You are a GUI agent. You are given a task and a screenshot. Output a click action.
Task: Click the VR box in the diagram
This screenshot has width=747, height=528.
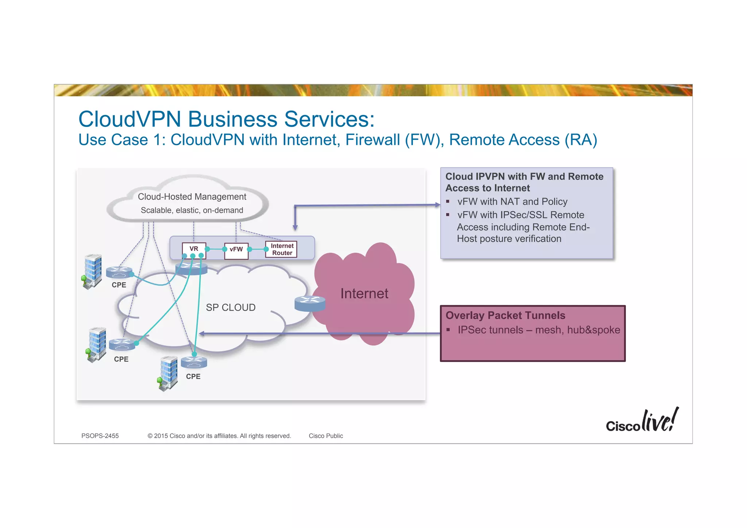tap(194, 249)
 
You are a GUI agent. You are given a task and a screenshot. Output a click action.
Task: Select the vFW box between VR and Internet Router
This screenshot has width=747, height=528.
tap(236, 250)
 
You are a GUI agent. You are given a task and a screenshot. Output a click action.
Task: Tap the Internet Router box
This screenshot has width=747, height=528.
tap(282, 250)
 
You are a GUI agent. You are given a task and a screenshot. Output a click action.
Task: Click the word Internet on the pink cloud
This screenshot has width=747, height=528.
tap(364, 294)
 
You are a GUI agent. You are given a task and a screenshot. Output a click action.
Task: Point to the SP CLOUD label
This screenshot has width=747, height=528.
tap(231, 308)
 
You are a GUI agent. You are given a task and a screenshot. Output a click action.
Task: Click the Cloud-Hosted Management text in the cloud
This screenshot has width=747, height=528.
tap(192, 197)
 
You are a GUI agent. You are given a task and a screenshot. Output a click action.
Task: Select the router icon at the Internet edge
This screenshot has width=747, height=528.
tap(310, 303)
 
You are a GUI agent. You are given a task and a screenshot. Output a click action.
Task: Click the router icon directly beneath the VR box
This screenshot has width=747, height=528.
tap(191, 268)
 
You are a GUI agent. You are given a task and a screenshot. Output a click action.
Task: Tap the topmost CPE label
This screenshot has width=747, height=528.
tap(119, 285)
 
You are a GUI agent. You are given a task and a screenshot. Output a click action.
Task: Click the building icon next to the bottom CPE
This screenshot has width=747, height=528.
tap(168, 373)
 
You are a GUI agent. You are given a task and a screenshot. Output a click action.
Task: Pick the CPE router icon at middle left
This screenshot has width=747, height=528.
tap(122, 344)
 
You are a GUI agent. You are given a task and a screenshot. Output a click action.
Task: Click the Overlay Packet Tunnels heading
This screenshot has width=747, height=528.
tap(505, 316)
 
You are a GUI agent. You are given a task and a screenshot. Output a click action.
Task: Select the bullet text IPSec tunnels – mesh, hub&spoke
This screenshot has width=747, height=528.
tap(538, 330)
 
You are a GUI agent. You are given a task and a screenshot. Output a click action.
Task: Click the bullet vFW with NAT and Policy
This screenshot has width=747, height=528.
tap(512, 202)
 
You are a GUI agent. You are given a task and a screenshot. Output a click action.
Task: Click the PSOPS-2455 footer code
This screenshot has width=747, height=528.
tap(100, 436)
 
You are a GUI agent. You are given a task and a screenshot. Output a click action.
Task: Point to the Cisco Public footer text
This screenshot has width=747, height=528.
tap(326, 436)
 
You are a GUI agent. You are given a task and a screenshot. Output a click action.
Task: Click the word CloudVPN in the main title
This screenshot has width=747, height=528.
tap(129, 119)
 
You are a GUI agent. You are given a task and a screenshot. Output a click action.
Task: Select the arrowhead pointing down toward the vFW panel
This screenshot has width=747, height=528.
tap(295, 228)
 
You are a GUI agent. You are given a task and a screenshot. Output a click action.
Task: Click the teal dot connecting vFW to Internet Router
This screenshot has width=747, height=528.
tap(250, 250)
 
